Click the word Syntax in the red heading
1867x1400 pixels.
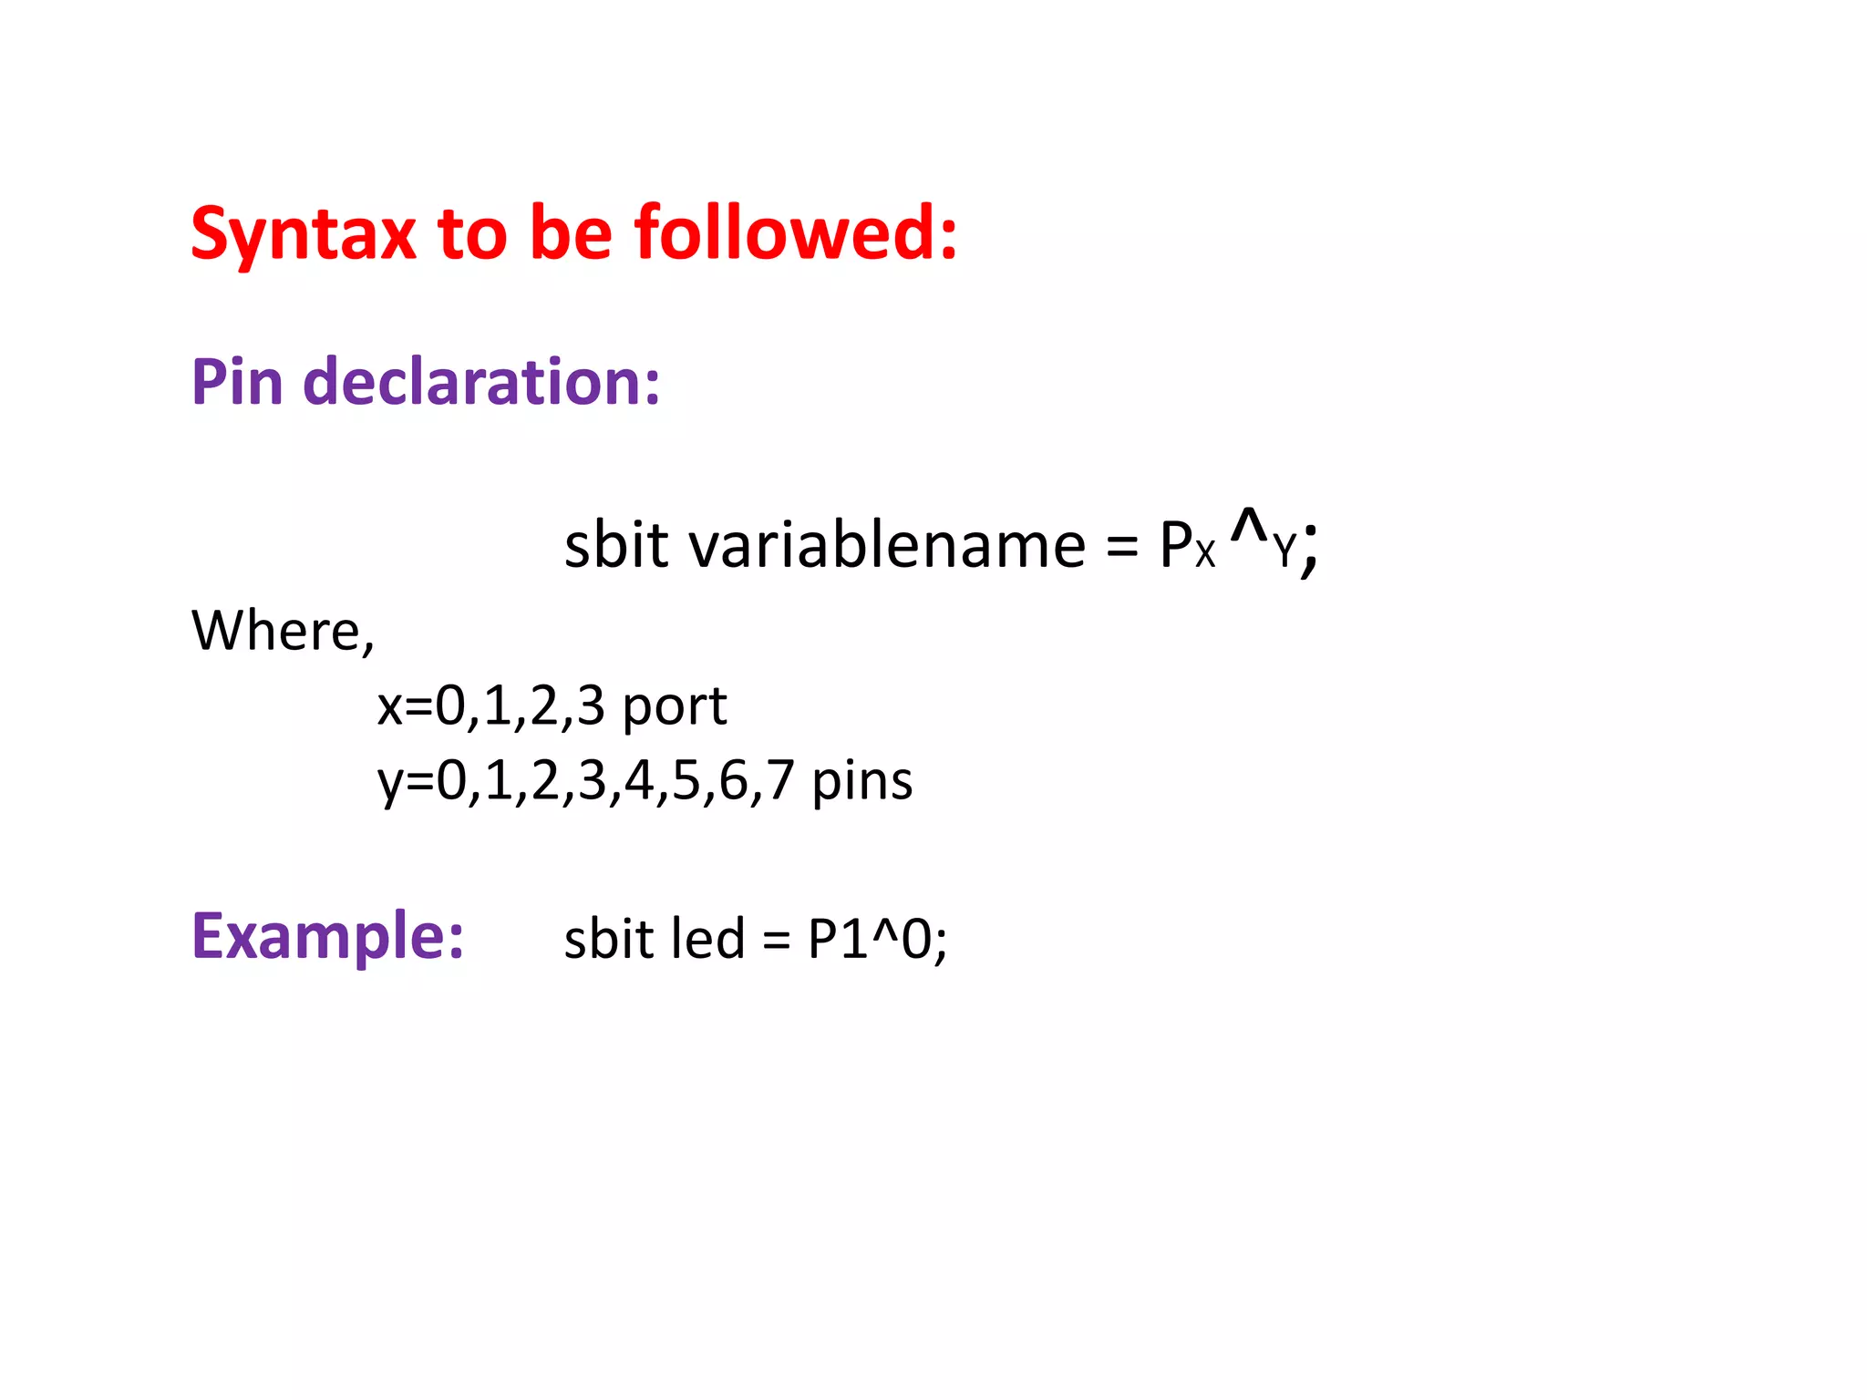click(x=303, y=235)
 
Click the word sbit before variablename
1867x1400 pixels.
click(x=616, y=546)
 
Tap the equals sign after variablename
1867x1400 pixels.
click(x=1121, y=548)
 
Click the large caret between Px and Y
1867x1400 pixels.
click(x=1249, y=526)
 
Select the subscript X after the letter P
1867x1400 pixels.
click(x=1205, y=553)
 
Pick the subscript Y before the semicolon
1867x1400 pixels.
click(x=1284, y=551)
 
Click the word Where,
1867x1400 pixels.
click(x=283, y=631)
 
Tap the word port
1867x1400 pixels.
click(x=674, y=707)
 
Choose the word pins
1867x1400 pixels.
click(x=861, y=782)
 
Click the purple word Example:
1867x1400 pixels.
click(x=327, y=936)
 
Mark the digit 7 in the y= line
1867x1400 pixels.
click(x=780, y=782)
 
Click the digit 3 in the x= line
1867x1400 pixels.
click(x=591, y=706)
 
